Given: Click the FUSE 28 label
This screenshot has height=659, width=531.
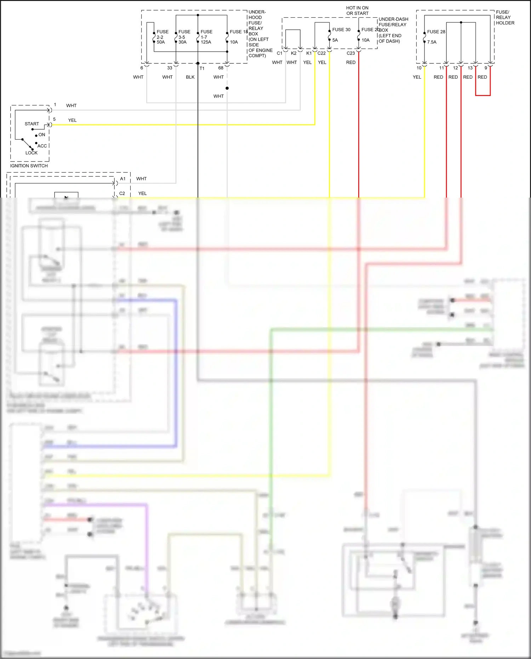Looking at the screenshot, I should pyautogui.click(x=436, y=32).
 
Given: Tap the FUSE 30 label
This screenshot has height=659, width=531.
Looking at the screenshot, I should pyautogui.click(x=341, y=30).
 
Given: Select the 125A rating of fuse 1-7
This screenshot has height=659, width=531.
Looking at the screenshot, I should pyautogui.click(x=206, y=42).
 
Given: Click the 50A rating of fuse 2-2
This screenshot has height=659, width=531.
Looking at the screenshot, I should pyautogui.click(x=161, y=42).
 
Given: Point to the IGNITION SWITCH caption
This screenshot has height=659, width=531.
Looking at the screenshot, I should pyautogui.click(x=29, y=166).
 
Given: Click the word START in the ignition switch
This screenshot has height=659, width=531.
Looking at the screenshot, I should pyautogui.click(x=32, y=124).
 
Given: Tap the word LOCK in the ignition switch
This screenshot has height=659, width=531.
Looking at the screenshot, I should pyautogui.click(x=31, y=153).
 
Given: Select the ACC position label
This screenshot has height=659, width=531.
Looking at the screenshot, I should pyautogui.click(x=42, y=146).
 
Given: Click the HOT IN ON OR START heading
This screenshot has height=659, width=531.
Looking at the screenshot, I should pyautogui.click(x=357, y=11).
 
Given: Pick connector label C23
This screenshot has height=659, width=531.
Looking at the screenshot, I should pyautogui.click(x=350, y=53).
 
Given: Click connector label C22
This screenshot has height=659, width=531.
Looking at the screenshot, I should pyautogui.click(x=321, y=53).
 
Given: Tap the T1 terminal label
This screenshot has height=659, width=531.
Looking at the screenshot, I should pyautogui.click(x=202, y=68).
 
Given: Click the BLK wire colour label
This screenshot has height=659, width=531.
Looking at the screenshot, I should pyautogui.click(x=190, y=77).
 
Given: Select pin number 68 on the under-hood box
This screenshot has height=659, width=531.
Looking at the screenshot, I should pyautogui.click(x=221, y=68).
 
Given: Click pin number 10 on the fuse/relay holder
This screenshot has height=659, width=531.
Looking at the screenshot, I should pyautogui.click(x=419, y=68).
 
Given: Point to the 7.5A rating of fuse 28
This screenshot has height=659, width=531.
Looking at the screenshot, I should pyautogui.click(x=432, y=42).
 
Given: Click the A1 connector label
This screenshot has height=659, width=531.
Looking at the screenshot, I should pyautogui.click(x=122, y=179).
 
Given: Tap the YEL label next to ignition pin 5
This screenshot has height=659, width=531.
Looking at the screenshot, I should pyautogui.click(x=72, y=120).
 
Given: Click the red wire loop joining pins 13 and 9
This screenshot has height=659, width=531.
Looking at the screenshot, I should pyautogui.click(x=483, y=95).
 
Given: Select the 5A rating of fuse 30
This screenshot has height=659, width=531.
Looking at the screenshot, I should pyautogui.click(x=335, y=40).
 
